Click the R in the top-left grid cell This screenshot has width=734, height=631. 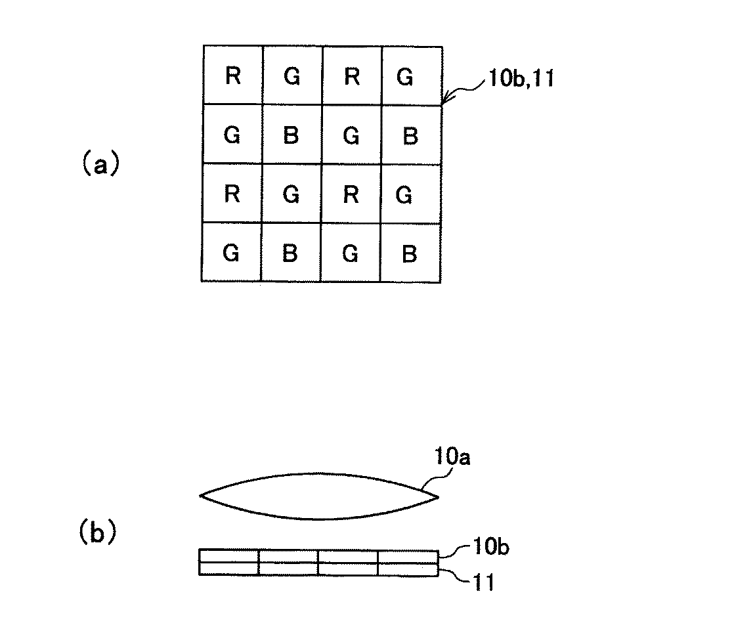click(x=232, y=77)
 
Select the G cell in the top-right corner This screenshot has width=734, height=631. click(x=406, y=77)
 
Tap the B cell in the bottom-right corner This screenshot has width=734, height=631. click(x=409, y=253)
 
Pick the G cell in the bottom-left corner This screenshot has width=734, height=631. click(x=231, y=253)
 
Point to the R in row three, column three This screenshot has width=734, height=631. click(x=351, y=195)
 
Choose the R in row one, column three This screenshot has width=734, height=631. click(x=351, y=77)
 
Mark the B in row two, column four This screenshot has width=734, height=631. click(x=409, y=137)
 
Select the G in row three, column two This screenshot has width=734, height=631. click(x=291, y=195)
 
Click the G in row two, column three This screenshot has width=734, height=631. click(x=351, y=137)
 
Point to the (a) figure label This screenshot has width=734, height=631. click(x=99, y=164)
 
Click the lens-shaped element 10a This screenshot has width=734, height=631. click(x=318, y=496)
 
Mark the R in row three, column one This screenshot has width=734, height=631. click(x=232, y=195)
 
